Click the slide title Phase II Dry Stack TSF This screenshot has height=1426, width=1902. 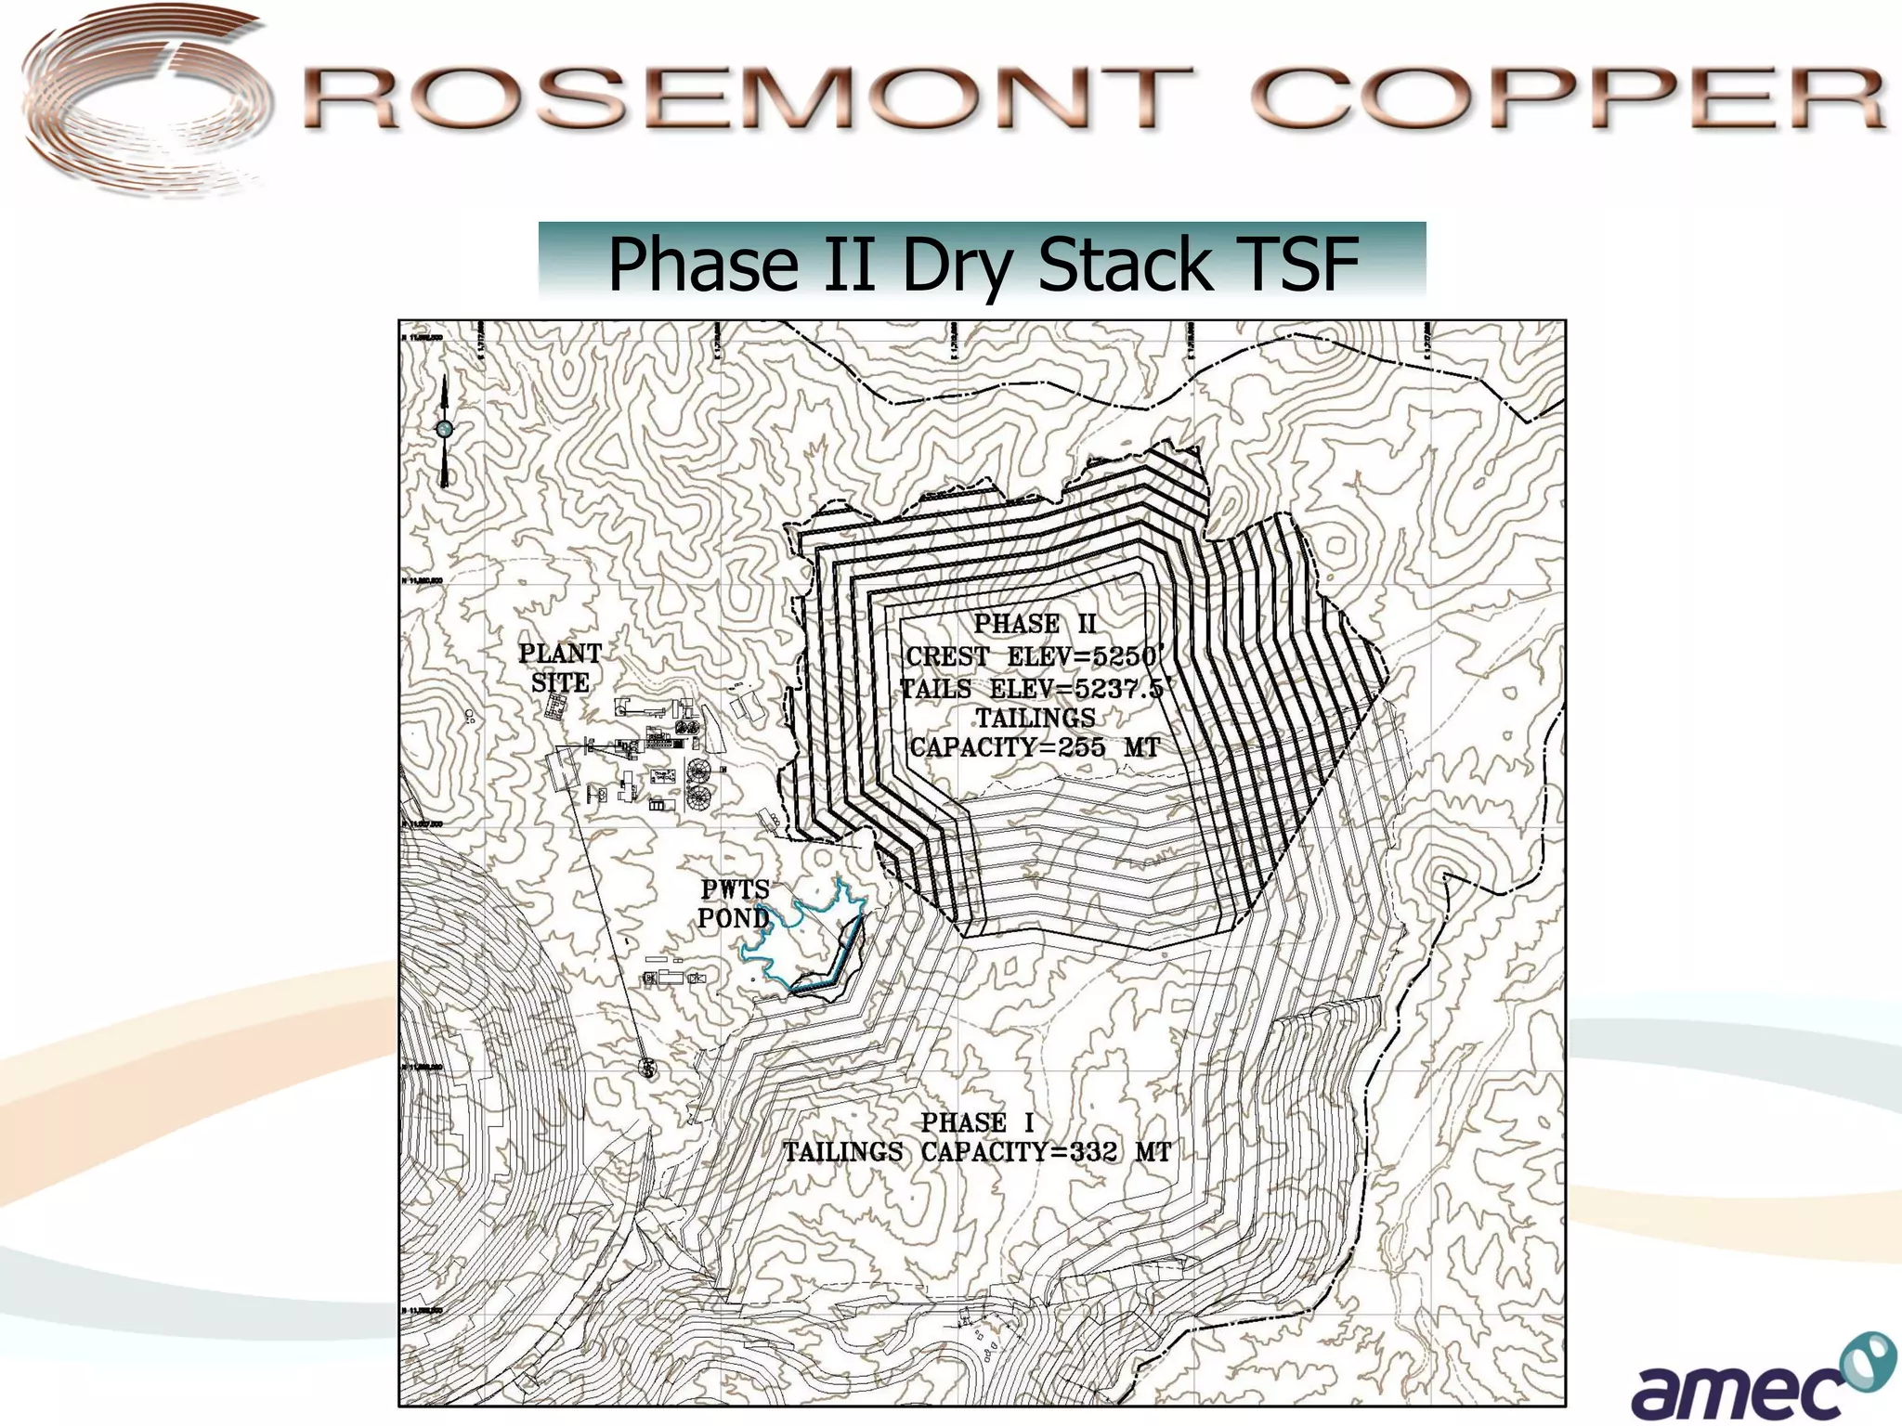[x=982, y=264]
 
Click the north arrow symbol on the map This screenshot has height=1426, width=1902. [x=445, y=430]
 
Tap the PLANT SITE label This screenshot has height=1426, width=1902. [x=560, y=668]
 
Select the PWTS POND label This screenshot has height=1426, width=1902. [x=734, y=903]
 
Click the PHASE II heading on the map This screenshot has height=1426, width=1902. [x=1035, y=624]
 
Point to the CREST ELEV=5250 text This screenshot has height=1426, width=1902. [x=1031, y=656]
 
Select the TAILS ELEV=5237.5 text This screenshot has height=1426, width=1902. [x=1031, y=688]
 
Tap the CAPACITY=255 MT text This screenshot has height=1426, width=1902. [x=1035, y=747]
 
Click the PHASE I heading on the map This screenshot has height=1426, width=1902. [x=977, y=1122]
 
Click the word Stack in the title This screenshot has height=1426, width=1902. [x=1125, y=264]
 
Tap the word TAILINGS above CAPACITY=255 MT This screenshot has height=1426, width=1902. [x=1035, y=718]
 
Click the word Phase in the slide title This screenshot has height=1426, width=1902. [x=702, y=264]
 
